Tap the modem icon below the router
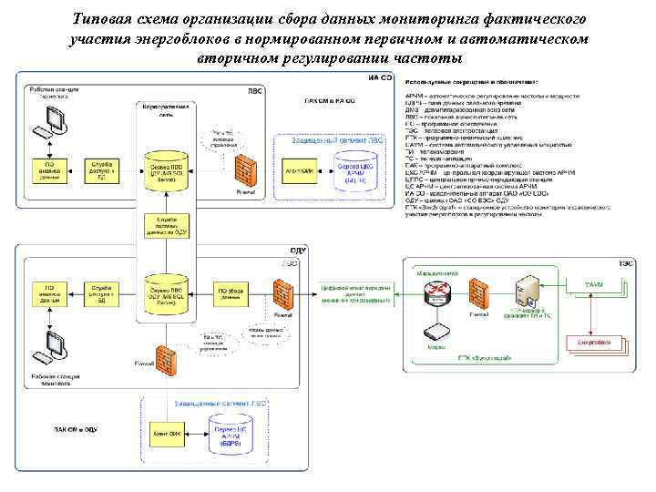coord(440,332)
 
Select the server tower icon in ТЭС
coord(528,290)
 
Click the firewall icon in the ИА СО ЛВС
coord(243,169)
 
